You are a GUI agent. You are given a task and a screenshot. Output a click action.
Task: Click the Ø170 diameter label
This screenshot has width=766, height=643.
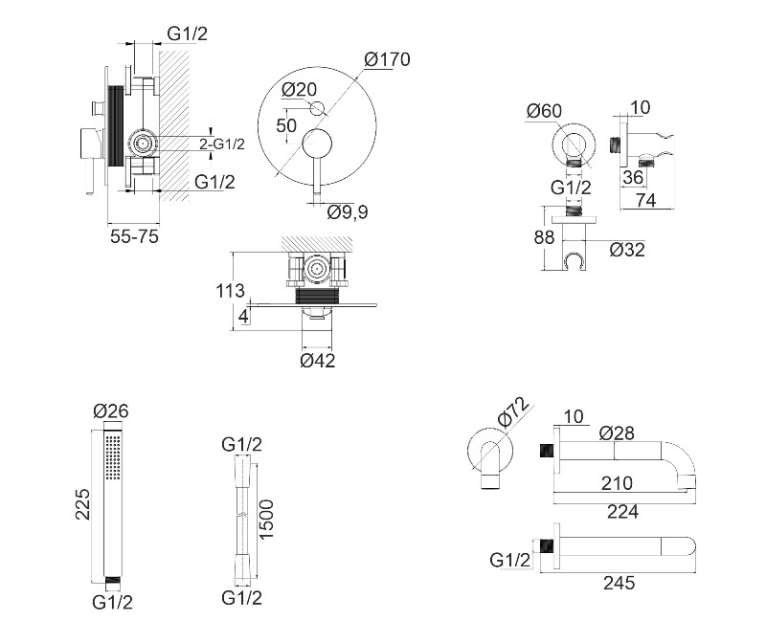[388, 59]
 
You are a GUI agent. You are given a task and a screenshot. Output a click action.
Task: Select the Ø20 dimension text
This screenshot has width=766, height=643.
[299, 90]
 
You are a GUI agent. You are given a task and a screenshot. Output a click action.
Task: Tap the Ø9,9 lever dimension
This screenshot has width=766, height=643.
[348, 211]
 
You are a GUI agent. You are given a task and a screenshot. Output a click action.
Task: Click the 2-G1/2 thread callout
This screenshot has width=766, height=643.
[222, 144]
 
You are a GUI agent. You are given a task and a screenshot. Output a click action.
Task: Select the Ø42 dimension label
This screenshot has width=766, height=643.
[318, 361]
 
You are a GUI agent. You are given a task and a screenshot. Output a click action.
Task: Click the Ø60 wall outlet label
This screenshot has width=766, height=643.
[543, 112]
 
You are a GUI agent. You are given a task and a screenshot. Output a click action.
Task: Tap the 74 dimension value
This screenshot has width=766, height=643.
[646, 199]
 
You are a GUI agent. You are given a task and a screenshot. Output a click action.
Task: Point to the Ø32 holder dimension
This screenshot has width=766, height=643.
[626, 250]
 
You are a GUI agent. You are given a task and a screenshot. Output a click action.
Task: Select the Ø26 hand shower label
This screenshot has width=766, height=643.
[110, 412]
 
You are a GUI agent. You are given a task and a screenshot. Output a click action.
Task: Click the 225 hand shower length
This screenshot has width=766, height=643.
[83, 503]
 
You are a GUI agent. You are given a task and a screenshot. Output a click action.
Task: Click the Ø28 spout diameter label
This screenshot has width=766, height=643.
[618, 432]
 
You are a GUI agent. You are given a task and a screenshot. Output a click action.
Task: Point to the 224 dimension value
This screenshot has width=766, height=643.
[622, 511]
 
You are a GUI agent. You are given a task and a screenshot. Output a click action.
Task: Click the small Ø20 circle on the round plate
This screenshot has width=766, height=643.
[319, 107]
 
